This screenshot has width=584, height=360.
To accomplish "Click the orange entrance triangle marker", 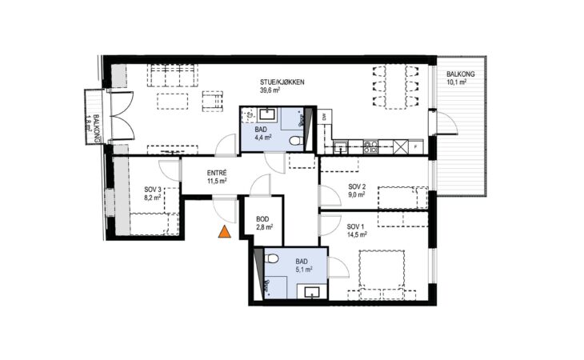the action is point(224,232).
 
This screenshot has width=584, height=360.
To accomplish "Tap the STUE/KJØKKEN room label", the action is point(282,82).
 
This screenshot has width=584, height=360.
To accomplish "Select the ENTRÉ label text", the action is point(217,173).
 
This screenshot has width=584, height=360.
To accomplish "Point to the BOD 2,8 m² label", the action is point(265,222).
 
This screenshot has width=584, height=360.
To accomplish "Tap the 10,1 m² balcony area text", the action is point(457,82).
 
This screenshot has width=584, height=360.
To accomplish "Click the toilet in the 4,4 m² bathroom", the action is point(296,142).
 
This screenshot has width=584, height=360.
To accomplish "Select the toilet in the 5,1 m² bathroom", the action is point(271,258).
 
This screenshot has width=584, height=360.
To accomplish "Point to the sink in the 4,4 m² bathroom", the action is point(266,114).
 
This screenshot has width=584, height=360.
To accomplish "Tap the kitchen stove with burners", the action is point(370,147).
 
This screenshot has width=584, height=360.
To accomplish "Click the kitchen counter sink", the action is point(341,146).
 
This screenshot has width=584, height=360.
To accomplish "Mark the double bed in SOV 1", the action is point(382,274).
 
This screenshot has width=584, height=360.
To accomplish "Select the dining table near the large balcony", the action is point(395,86).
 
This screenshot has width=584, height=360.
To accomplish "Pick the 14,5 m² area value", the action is point(357,234).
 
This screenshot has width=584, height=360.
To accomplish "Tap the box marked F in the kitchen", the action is point(416,147).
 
